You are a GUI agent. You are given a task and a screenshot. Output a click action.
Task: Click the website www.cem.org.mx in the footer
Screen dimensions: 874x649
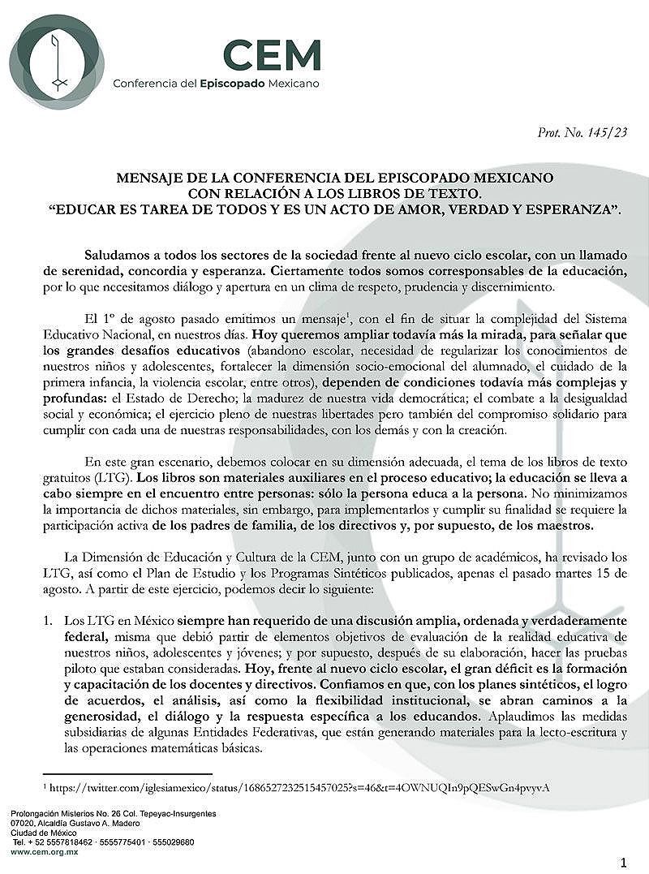tap(41, 852)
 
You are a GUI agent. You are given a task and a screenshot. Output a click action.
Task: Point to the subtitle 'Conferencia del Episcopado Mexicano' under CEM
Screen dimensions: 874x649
tap(216, 84)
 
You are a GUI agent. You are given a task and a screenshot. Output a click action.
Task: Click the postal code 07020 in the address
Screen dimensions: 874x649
tap(24, 823)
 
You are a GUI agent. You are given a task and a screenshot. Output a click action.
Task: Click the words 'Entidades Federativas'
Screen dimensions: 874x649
tap(283, 735)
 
